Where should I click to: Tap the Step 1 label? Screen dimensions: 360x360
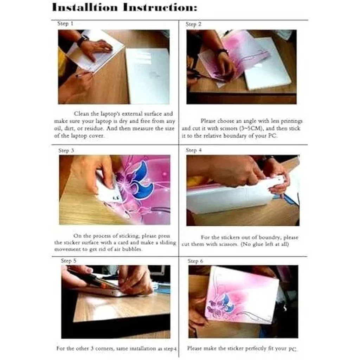[65, 24]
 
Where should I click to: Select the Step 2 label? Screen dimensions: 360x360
[193, 24]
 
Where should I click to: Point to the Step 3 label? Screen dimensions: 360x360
[66, 150]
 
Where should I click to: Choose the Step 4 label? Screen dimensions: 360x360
[194, 150]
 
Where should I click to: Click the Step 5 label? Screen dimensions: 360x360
[69, 261]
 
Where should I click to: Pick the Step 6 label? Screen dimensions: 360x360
[195, 261]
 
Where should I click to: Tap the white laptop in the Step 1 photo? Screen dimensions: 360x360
[147, 76]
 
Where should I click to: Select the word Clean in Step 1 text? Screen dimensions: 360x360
[82, 114]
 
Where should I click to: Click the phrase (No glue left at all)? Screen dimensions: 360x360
[264, 244]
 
